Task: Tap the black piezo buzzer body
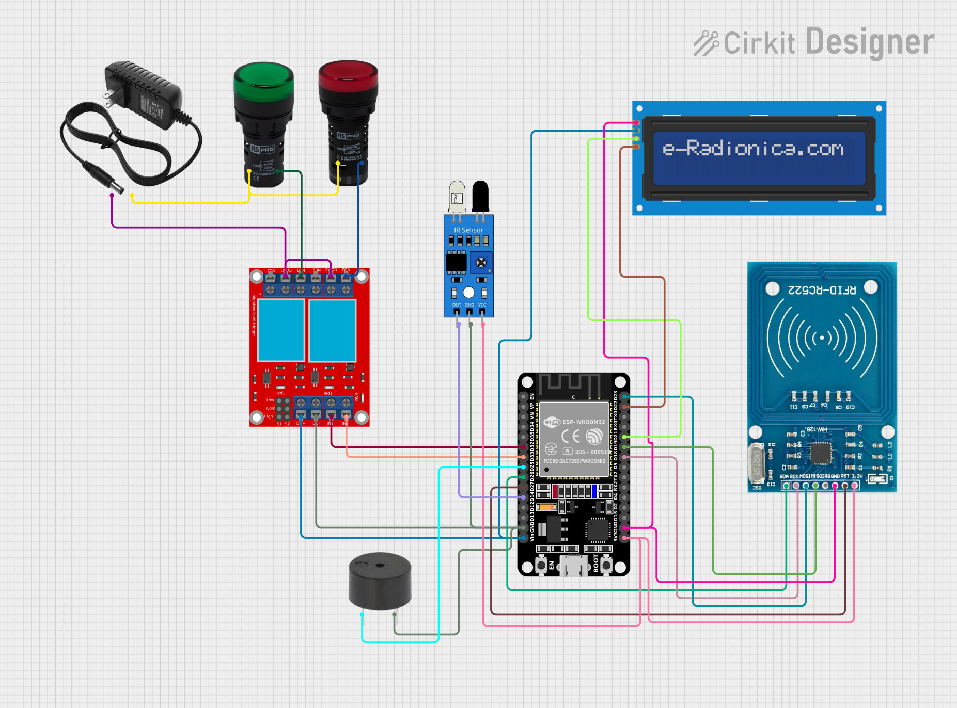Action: click(x=380, y=581)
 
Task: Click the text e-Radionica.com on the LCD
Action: click(x=753, y=149)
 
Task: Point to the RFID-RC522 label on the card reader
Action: click(x=822, y=290)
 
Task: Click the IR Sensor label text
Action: click(x=468, y=230)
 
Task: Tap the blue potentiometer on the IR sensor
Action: click(x=481, y=263)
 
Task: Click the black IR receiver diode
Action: click(x=480, y=195)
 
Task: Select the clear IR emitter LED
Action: click(x=457, y=196)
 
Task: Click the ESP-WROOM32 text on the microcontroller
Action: click(x=584, y=422)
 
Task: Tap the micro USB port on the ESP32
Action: click(x=574, y=566)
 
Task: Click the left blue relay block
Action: click(x=280, y=330)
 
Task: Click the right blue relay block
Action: click(x=332, y=330)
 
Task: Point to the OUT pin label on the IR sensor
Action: click(x=457, y=305)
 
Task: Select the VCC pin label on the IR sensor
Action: click(x=482, y=305)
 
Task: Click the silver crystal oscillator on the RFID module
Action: click(x=756, y=462)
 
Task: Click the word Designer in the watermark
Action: click(x=870, y=42)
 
